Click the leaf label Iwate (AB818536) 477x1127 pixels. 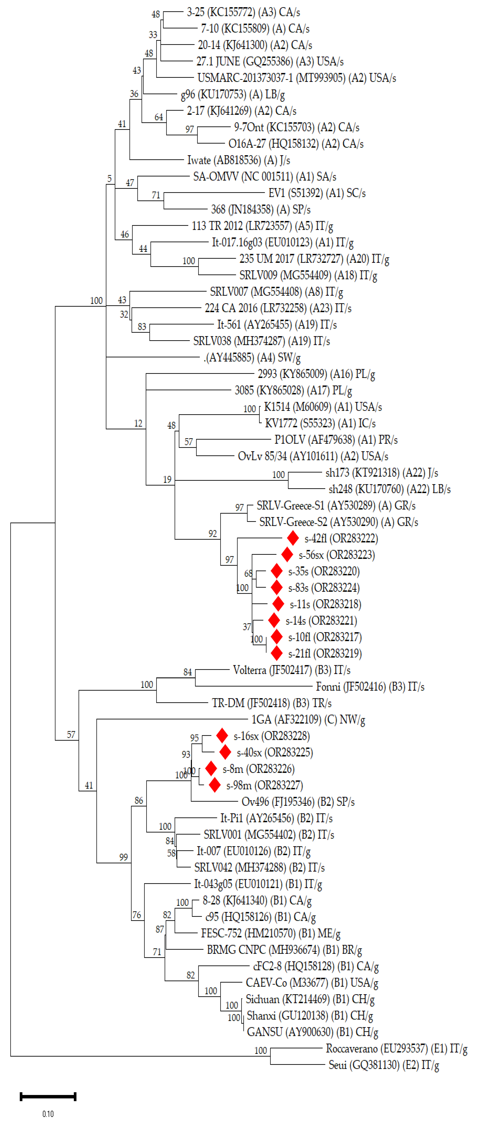pyautogui.click(x=238, y=160)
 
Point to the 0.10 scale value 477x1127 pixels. pyautogui.click(x=48, y=1113)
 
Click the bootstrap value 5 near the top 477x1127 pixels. pyautogui.click(x=109, y=179)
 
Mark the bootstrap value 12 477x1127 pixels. pyautogui.click(x=138, y=423)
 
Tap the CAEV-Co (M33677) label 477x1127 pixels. pyautogui.click(x=312, y=983)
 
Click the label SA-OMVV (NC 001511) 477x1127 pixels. pyautogui.click(x=265, y=176)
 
